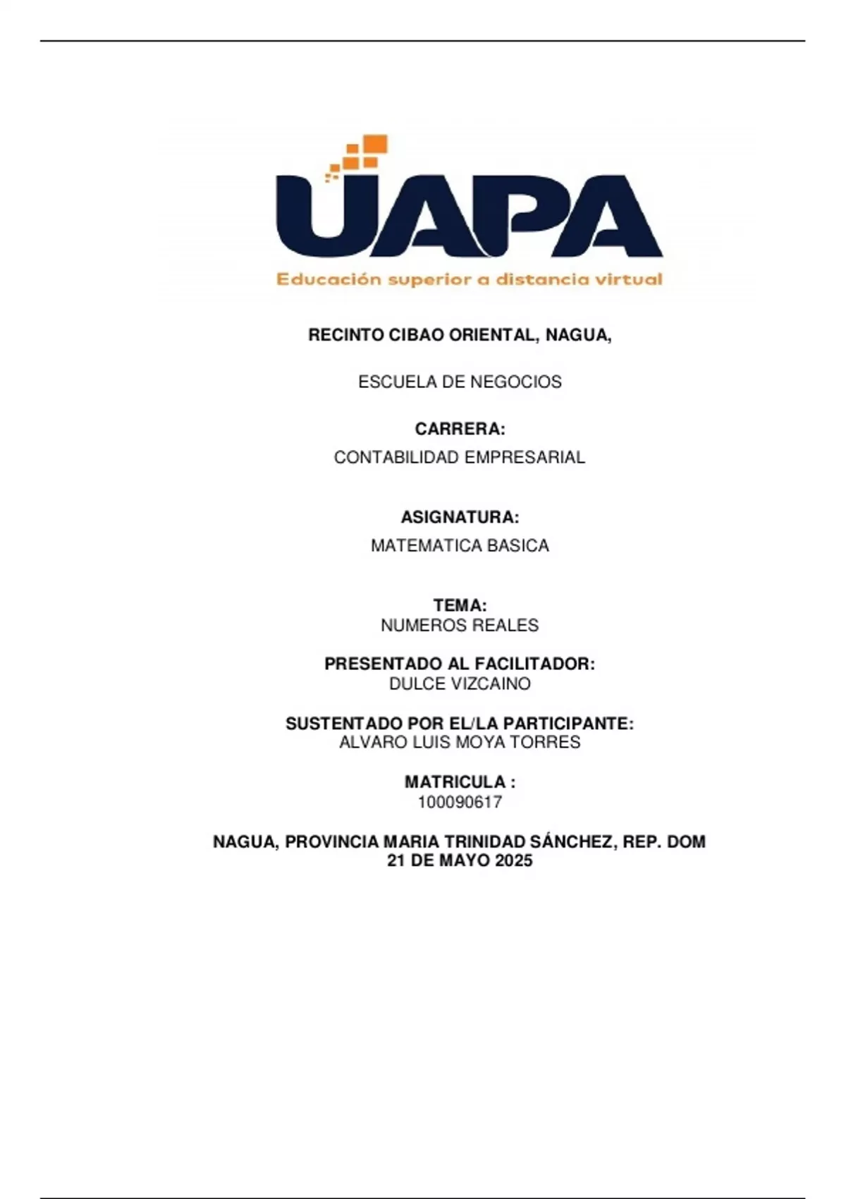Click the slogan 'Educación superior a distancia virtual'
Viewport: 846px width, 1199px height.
coord(469,279)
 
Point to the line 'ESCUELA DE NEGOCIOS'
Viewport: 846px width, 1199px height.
coord(460,382)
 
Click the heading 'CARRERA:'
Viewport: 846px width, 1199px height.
coord(460,429)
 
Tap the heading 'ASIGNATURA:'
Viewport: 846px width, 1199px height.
coord(460,517)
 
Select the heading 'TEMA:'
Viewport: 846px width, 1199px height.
coord(460,605)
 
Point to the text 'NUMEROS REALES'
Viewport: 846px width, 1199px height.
coord(460,626)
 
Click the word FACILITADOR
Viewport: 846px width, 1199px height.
coord(534,664)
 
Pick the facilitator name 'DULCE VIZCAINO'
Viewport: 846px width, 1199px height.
coord(460,683)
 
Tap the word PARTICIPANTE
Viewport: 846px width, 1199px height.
coord(568,724)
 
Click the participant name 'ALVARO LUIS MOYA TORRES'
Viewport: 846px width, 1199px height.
coord(460,743)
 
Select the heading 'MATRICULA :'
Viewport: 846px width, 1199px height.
coord(460,782)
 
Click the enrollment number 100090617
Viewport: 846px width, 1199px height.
coord(460,802)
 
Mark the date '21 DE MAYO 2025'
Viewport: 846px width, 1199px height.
coord(460,860)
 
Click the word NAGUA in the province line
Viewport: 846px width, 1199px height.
coord(246,841)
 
